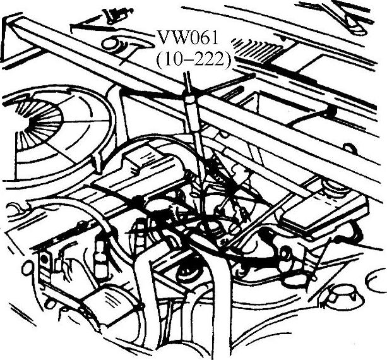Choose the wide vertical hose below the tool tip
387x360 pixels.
click(218, 303)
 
